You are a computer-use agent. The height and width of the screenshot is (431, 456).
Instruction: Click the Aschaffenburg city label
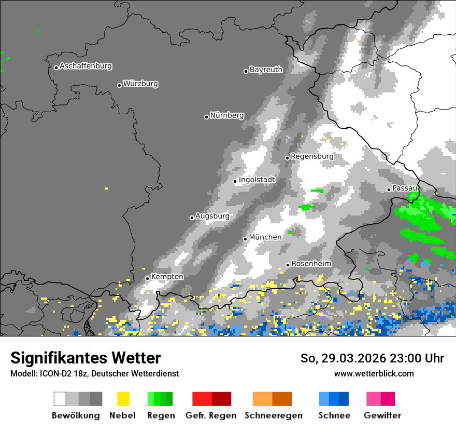(85, 66)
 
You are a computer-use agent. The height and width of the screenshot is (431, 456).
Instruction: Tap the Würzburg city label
(140, 84)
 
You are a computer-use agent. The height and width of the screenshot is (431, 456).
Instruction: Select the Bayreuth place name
(266, 70)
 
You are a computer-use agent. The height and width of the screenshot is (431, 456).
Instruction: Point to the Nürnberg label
(226, 115)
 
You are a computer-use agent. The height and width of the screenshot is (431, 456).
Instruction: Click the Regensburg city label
(312, 156)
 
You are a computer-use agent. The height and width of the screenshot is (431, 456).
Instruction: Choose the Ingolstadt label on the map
(256, 180)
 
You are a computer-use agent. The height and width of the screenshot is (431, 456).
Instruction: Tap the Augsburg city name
(212, 216)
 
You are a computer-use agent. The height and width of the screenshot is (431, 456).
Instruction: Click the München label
(265, 237)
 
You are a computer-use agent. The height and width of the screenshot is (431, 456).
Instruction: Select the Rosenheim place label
(311, 264)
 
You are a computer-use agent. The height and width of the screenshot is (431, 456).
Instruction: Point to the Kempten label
(167, 277)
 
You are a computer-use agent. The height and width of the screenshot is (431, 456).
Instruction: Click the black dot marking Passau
(389, 190)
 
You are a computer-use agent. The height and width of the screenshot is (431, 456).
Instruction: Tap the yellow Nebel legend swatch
(123, 399)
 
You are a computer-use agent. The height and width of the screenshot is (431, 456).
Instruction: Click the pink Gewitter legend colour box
(380, 399)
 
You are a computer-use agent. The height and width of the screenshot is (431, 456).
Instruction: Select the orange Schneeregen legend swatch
(272, 399)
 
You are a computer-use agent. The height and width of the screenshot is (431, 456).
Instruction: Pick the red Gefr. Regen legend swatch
(211, 399)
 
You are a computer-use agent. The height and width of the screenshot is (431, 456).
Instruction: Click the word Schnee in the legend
(334, 415)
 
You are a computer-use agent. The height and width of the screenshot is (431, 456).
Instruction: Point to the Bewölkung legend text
(76, 415)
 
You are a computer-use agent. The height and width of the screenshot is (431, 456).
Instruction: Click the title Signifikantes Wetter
(85, 358)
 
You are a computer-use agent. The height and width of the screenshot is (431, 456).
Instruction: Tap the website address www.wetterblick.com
(374, 373)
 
